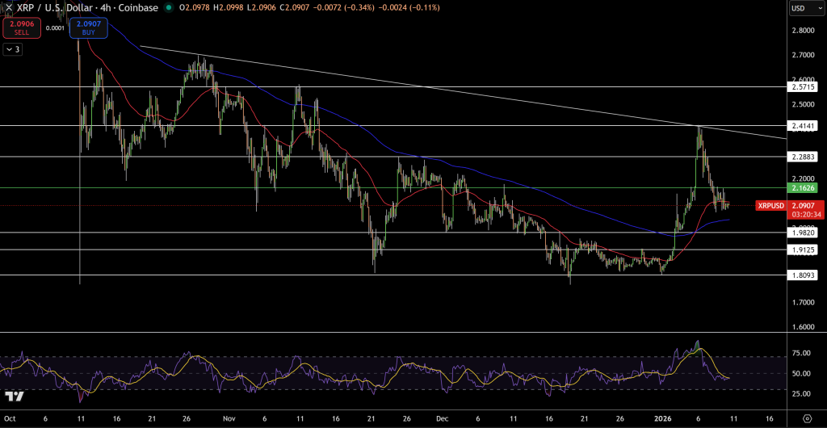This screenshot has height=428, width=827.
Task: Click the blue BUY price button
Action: (x=88, y=28)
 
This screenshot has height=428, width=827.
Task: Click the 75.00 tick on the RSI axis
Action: (x=802, y=353)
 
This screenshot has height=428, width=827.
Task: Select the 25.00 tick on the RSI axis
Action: (x=802, y=393)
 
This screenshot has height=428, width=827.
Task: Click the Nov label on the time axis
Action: (x=229, y=419)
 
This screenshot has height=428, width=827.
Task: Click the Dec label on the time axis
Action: (x=441, y=419)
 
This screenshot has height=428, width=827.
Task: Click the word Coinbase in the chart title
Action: (x=136, y=8)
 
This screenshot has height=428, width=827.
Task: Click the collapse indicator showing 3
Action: (x=13, y=49)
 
